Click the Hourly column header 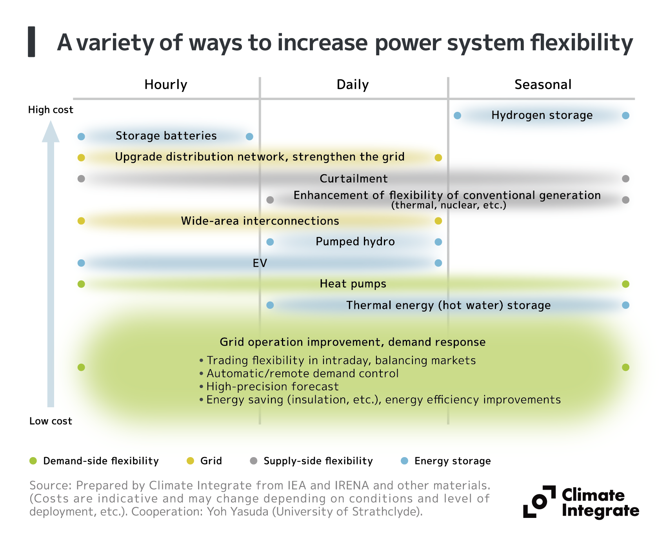[x=165, y=85]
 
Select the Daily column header [x=353, y=85]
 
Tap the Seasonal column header [x=543, y=85]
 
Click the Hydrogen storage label [x=542, y=115]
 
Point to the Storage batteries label [x=166, y=136]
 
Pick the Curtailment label [x=354, y=179]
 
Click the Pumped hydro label [x=355, y=242]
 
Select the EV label [x=260, y=263]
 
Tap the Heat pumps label [x=353, y=284]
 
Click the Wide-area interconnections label [x=260, y=221]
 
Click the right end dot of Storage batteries [x=249, y=137]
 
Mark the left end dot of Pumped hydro [x=270, y=242]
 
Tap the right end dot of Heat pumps [x=626, y=284]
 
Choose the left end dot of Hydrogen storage [x=457, y=116]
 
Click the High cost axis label [x=51, y=110]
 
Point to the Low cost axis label [x=51, y=421]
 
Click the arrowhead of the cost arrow [x=51, y=132]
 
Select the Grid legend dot [x=190, y=461]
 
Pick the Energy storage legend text [x=453, y=461]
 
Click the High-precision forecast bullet [x=272, y=386]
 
